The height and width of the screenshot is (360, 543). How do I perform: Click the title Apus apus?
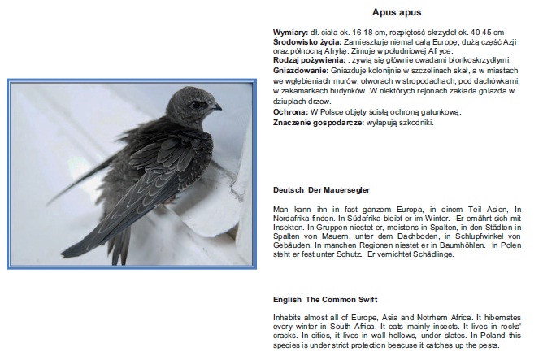(396, 12)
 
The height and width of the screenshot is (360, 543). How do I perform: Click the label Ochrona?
(289, 111)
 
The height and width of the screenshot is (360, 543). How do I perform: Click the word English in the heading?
(287, 300)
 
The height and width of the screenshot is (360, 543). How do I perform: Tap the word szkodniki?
(417, 122)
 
